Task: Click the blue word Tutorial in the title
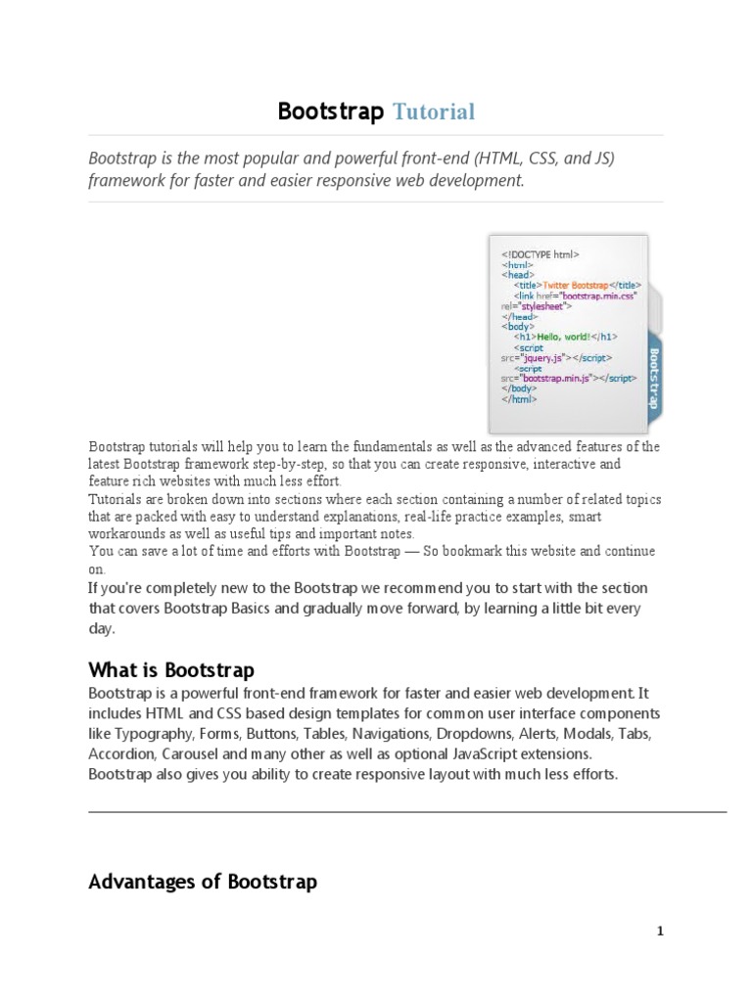coord(434,113)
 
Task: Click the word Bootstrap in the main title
coord(331,113)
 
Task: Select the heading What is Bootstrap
coord(171,670)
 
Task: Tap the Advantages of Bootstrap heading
coord(203,882)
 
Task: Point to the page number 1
coord(660,932)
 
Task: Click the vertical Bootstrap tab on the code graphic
coord(653,378)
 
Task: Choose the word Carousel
coord(192,754)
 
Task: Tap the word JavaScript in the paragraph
coord(468,754)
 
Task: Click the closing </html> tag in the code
coord(519,399)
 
